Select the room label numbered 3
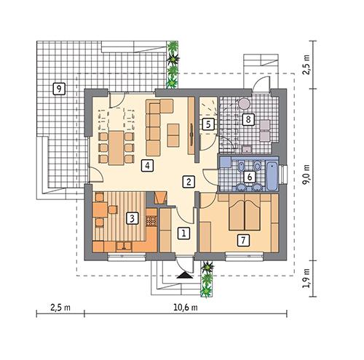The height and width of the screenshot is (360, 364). click(x=132, y=217)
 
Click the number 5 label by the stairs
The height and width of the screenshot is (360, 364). click(x=208, y=124)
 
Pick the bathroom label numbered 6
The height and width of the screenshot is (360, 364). click(x=248, y=176)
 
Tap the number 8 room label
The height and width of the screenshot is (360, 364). click(x=248, y=119)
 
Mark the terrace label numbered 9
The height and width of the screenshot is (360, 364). click(x=58, y=89)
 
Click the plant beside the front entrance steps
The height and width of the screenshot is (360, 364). click(x=208, y=277)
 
